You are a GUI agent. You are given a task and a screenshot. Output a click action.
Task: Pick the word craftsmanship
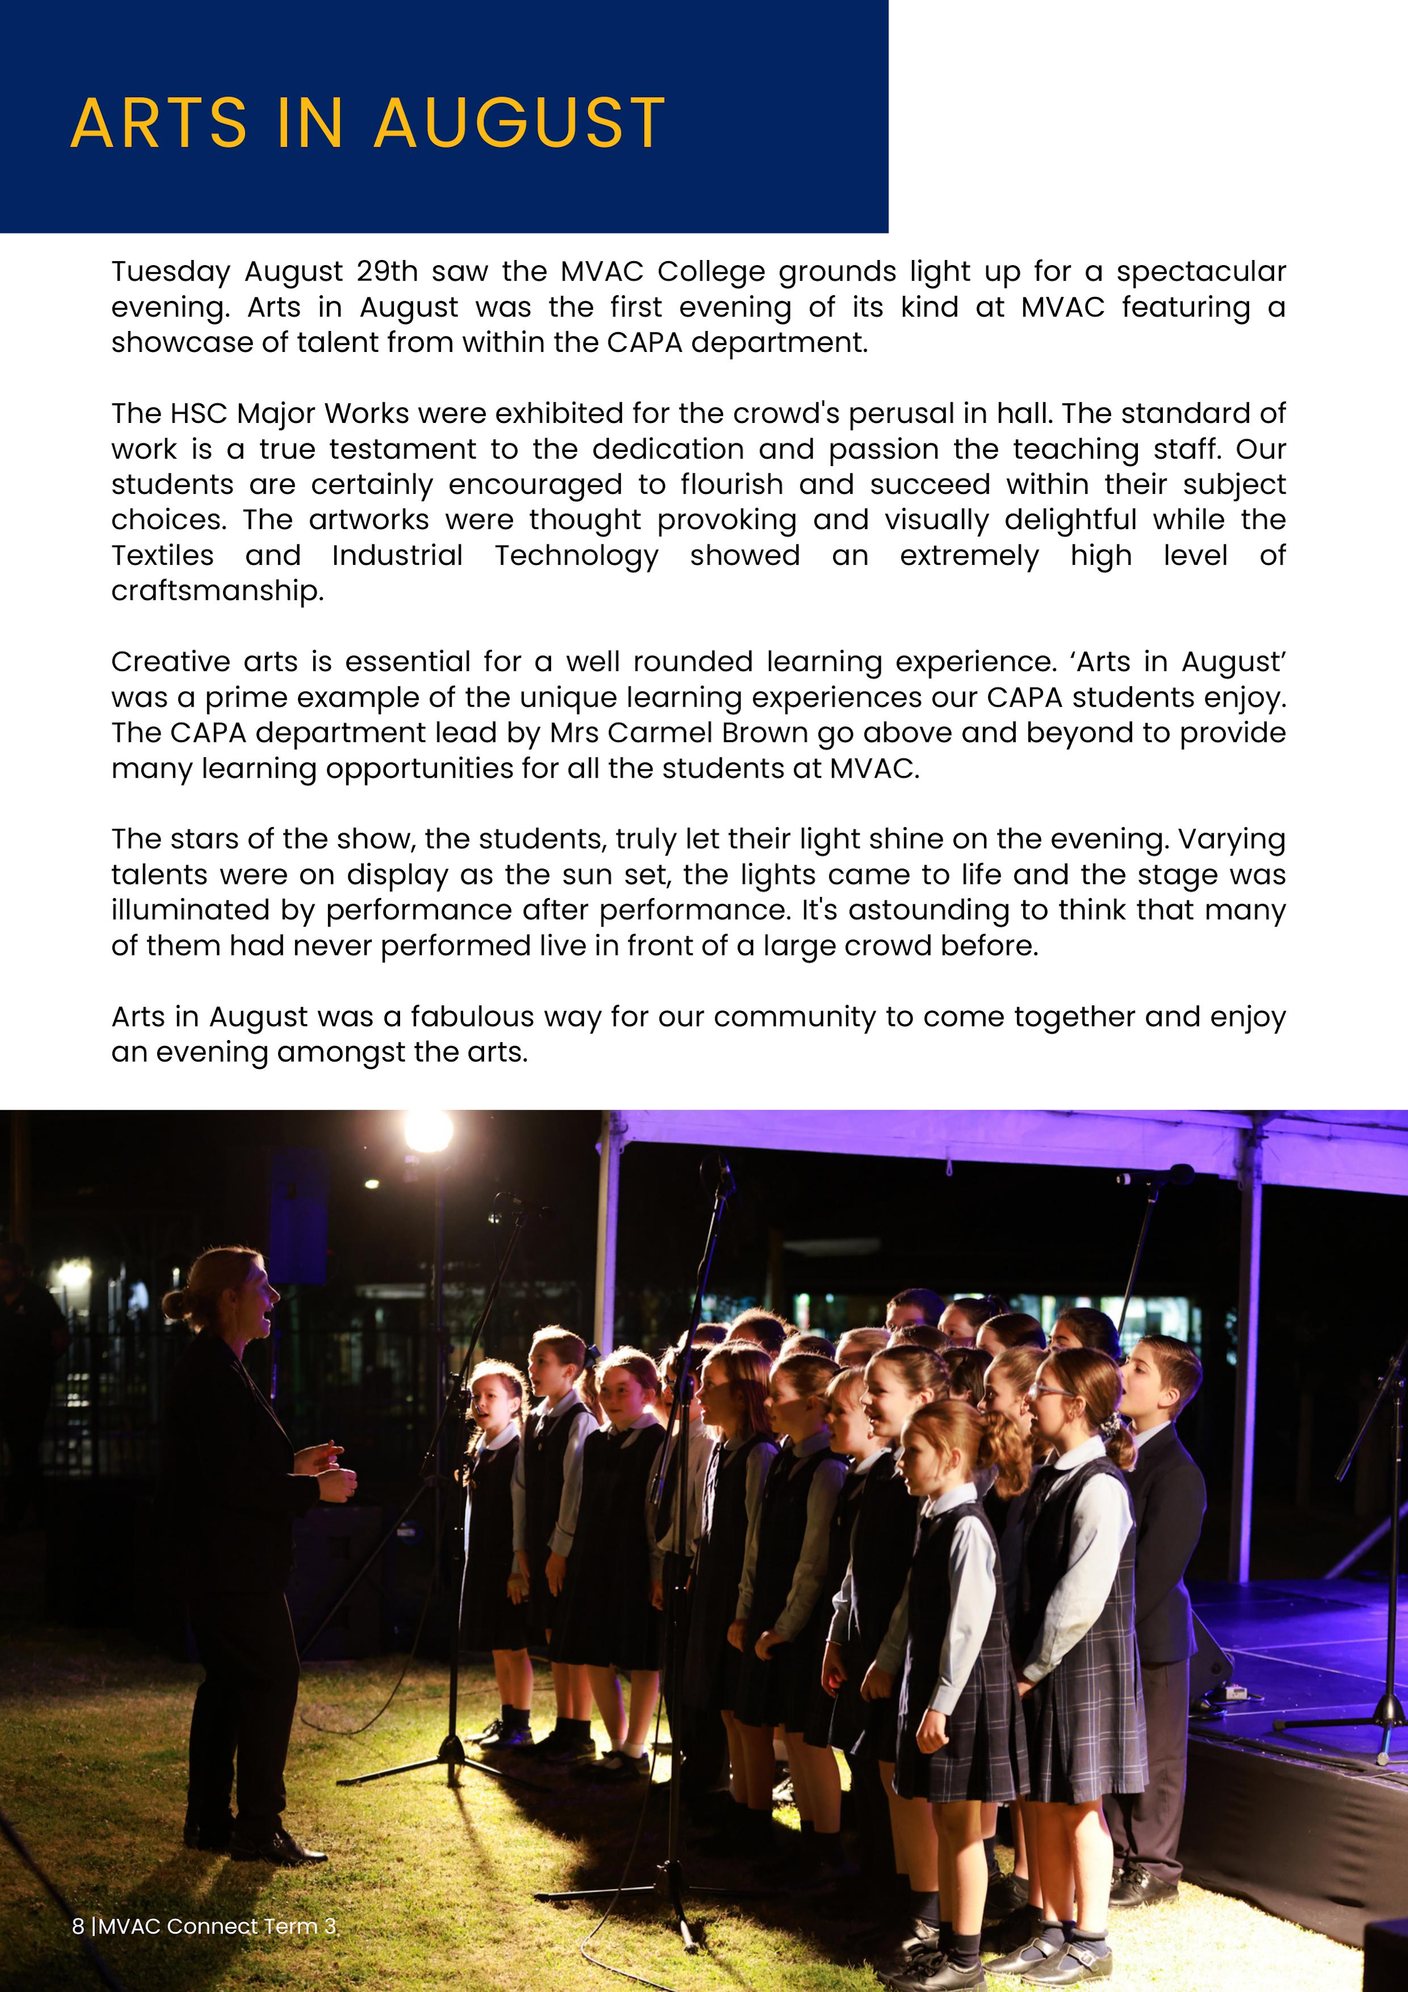coord(217,591)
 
